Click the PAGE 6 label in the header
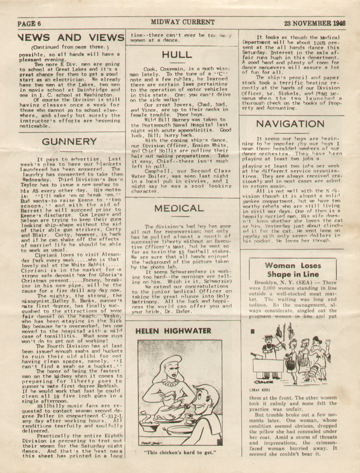(30, 24)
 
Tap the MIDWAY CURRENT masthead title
(182, 22)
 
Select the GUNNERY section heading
(69, 141)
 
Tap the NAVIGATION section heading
(290, 124)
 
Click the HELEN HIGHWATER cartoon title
(174, 331)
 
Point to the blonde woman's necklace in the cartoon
(173, 382)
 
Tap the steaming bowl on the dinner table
(150, 425)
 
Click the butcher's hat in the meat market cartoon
(268, 339)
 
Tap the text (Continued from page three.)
(69, 47)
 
